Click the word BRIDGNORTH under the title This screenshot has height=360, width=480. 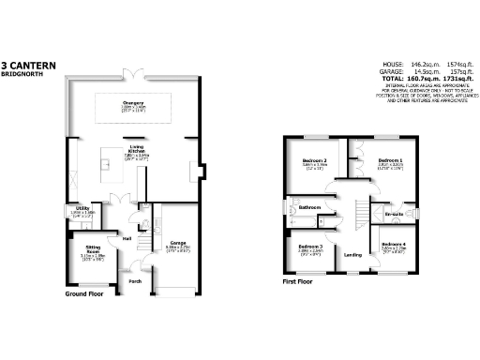pos(22,73)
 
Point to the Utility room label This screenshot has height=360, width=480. pos(83,207)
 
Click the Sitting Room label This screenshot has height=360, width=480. pos(91,249)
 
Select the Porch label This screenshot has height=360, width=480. pos(135,280)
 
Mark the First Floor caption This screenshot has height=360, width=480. pos(301,279)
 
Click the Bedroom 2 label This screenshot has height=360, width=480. pos(315,160)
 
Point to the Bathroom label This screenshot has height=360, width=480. pos(309,207)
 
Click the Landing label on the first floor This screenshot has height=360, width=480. pos(353,254)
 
